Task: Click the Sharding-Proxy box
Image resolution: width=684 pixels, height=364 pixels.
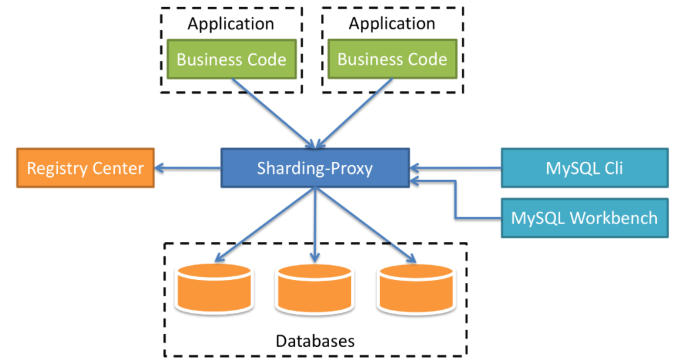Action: pyautogui.click(x=315, y=168)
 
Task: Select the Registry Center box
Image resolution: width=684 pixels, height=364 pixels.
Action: pyautogui.click(x=85, y=168)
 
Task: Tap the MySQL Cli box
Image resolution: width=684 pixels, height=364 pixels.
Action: pyautogui.click(x=585, y=168)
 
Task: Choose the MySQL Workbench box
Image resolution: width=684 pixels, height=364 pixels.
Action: pyautogui.click(x=585, y=218)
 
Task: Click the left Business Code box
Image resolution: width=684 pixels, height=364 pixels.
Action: pyautogui.click(x=232, y=59)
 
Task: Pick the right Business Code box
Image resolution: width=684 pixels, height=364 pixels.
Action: pyautogui.click(x=392, y=59)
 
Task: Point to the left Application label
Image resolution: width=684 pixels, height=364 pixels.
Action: pyautogui.click(x=231, y=24)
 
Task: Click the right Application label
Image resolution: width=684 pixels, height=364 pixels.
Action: pyautogui.click(x=392, y=24)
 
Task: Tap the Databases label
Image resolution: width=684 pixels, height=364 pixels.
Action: pyautogui.click(x=315, y=341)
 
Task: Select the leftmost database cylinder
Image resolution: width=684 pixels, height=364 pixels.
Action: pyautogui.click(x=214, y=289)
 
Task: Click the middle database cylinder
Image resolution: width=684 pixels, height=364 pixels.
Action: pyautogui.click(x=315, y=289)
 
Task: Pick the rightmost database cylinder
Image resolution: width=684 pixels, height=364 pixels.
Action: pyautogui.click(x=416, y=289)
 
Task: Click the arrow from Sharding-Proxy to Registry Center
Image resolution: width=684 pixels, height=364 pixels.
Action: pyautogui.click(x=188, y=168)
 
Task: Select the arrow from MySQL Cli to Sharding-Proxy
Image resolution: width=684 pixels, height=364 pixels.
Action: pyautogui.click(x=456, y=168)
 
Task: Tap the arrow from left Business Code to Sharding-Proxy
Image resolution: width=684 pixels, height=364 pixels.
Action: pyautogui.click(x=273, y=113)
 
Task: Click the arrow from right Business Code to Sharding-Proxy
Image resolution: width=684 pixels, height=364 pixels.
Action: pyautogui.click(x=354, y=113)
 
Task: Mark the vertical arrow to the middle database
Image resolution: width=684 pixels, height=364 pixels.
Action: pyautogui.click(x=315, y=225)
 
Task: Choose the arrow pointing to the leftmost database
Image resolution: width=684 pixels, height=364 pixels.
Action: pyautogui.click(x=265, y=225)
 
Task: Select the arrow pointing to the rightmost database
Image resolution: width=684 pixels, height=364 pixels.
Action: pyautogui.click(x=365, y=225)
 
